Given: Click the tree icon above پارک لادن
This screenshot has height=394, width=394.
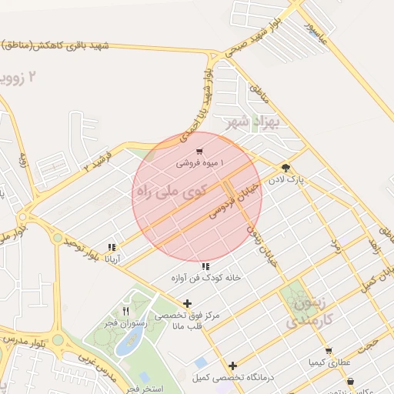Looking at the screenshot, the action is tap(285, 167).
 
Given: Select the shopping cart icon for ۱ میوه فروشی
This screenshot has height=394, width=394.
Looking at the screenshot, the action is tap(200, 152).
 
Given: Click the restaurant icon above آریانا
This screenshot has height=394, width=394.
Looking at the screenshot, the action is tap(112, 248).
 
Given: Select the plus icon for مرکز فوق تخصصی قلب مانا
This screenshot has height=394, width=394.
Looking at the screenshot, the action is tap(187, 304).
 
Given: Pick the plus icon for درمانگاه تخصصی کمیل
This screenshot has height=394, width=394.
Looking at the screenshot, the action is tap(232, 366).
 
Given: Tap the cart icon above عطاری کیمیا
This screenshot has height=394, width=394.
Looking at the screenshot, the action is tap(329, 350).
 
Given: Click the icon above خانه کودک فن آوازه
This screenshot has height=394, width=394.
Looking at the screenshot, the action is tap(205, 266).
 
